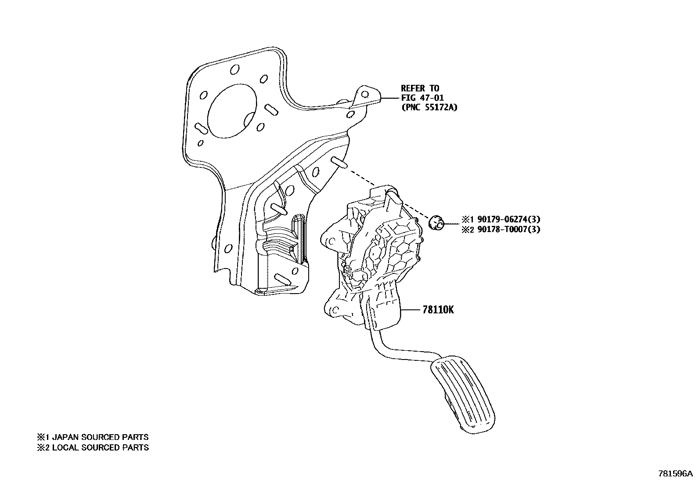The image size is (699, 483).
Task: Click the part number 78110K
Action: point(438,310)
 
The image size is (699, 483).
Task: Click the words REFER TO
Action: point(420,88)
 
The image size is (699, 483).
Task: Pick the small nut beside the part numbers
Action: point(436,223)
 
